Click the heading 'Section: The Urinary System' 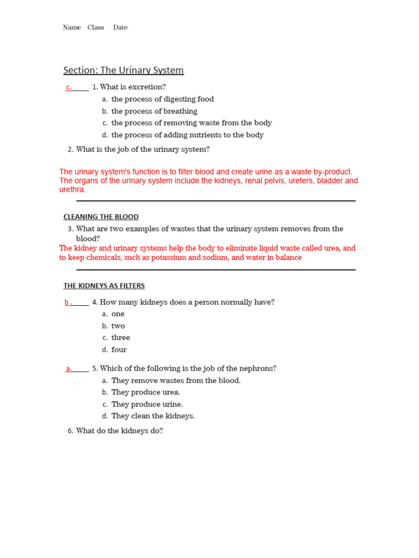(x=123, y=70)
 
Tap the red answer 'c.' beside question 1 (x=69, y=87)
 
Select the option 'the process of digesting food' (x=163, y=99)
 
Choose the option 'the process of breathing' (x=154, y=111)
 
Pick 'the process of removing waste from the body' (x=191, y=123)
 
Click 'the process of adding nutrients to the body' (x=187, y=135)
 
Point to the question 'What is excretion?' (x=133, y=87)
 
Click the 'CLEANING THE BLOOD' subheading (x=101, y=217)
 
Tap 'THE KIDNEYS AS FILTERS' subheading (x=104, y=286)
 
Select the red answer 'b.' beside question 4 (x=68, y=302)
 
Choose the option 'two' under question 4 (x=118, y=326)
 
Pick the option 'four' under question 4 (x=119, y=350)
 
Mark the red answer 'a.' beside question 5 (x=69, y=369)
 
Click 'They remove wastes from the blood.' (x=176, y=381)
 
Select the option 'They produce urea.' (x=146, y=392)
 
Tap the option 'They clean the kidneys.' (x=153, y=416)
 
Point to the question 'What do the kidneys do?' (x=119, y=431)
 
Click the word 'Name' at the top (x=71, y=28)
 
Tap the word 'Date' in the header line (x=121, y=28)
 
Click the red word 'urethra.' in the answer (x=73, y=190)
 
